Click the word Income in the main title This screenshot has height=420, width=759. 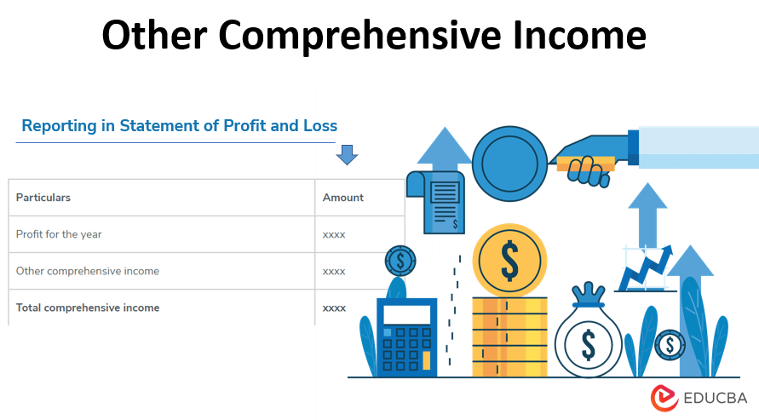click(579, 37)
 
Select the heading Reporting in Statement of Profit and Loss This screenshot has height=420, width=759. click(180, 126)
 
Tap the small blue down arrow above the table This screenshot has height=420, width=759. click(348, 154)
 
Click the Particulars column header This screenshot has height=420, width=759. click(43, 198)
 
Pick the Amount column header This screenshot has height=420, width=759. click(342, 198)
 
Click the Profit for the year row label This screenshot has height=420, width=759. click(59, 234)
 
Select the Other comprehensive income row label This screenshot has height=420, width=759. click(88, 271)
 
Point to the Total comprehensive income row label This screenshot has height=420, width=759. click(88, 308)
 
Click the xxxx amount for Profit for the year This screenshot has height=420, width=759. click(334, 234)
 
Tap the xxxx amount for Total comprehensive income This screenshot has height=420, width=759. click(334, 308)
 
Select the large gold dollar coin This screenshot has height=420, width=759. click(509, 260)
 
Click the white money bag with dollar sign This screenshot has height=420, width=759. click(588, 342)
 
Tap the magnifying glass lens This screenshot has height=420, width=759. click(509, 162)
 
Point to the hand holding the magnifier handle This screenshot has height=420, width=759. click(586, 165)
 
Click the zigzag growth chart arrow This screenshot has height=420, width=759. click(646, 268)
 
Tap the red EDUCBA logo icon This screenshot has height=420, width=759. click(664, 398)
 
